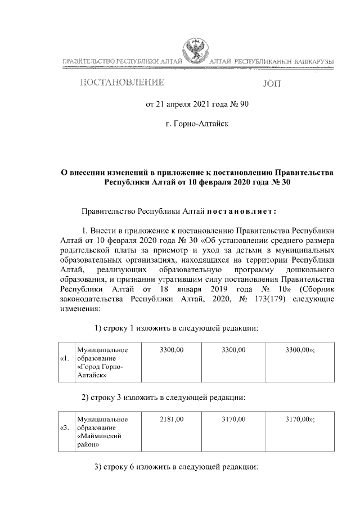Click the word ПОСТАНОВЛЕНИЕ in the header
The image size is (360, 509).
click(123, 83)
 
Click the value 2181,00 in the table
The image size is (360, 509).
click(172, 419)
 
